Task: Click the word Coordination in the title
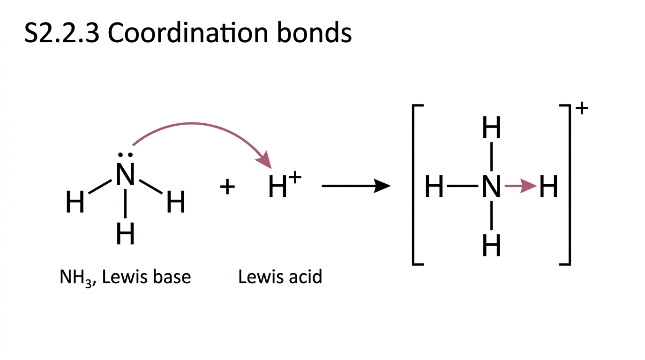[x=188, y=33]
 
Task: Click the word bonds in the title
[x=314, y=32]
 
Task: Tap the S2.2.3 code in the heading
[x=62, y=33]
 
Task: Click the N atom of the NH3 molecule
[x=125, y=174]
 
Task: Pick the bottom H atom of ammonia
[x=125, y=233]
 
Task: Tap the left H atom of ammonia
[x=75, y=202]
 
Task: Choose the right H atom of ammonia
[x=176, y=202]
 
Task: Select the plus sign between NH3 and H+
[x=227, y=187]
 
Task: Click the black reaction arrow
[x=356, y=186]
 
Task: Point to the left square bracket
[x=413, y=185]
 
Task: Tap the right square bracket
[x=569, y=185]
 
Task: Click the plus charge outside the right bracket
[x=582, y=108]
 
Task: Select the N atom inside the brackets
[x=492, y=186]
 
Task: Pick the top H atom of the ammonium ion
[x=492, y=127]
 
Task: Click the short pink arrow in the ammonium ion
[x=521, y=186]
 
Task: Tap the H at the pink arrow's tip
[x=548, y=186]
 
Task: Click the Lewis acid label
[x=280, y=277]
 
